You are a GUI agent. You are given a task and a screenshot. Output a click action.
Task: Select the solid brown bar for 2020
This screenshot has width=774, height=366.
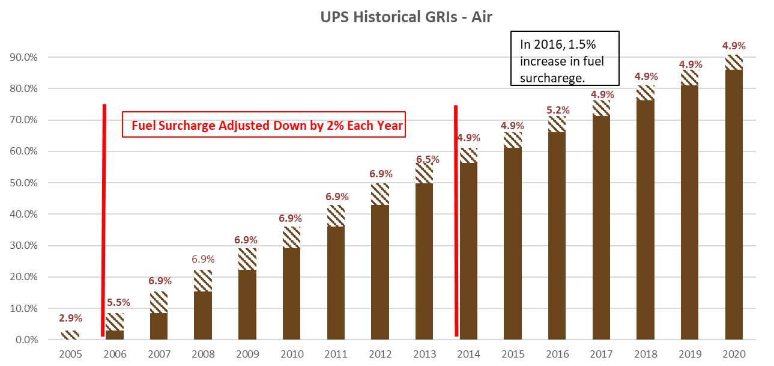[734, 204]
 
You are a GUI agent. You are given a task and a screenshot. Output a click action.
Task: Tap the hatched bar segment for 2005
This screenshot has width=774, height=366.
[70, 335]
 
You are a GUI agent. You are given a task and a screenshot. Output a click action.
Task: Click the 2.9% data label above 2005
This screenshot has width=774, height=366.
[70, 318]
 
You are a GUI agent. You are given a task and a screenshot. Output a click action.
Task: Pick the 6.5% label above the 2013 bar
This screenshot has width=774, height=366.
[428, 159]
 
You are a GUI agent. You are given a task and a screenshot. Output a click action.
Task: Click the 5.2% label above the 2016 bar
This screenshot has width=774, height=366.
[560, 110]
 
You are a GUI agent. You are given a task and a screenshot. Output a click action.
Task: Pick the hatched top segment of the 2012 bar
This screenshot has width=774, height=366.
[380, 194]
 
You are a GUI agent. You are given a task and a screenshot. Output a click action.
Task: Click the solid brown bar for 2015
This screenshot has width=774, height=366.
[513, 243]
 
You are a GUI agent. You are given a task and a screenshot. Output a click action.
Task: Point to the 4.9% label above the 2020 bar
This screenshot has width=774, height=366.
[734, 46]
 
